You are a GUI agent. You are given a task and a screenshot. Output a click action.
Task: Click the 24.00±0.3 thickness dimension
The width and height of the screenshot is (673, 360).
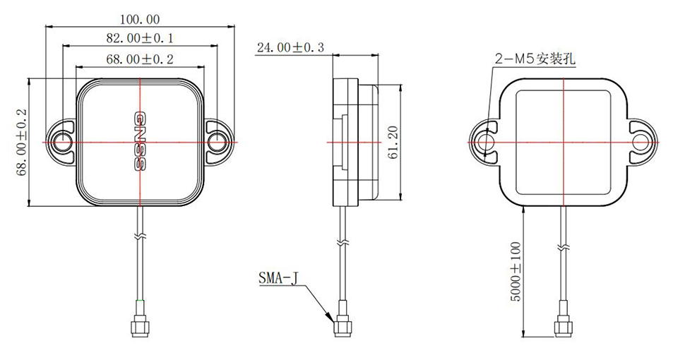(290, 48)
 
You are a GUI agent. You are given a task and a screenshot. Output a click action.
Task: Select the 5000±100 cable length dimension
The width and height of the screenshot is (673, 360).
(515, 271)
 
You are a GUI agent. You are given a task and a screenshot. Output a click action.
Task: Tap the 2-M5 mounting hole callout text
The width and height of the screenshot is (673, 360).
(535, 60)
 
